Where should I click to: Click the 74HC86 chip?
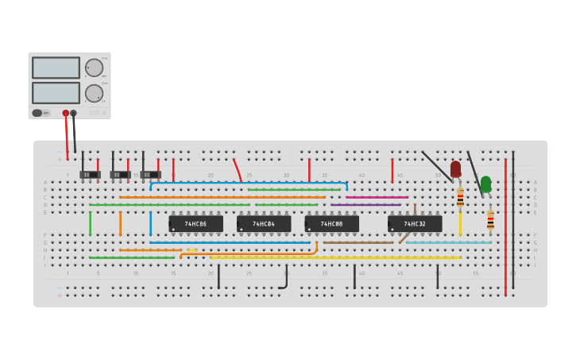[195, 224]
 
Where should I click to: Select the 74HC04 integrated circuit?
[264, 224]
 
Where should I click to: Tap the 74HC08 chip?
[331, 224]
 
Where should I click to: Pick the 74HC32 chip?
[415, 224]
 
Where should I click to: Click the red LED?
[455, 168]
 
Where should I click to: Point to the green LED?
[485, 184]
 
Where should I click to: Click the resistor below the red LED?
[460, 198]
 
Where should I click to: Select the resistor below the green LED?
[490, 219]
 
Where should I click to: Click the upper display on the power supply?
[56, 68]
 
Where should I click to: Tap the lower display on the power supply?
[56, 93]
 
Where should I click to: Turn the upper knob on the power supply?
[94, 68]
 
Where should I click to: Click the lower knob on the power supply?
[94, 93]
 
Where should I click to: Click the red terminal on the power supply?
[66, 113]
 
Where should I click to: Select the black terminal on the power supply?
[74, 113]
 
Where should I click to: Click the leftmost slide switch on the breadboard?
[90, 174]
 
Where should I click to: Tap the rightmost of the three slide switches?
[150, 174]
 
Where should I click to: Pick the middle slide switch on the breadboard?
[120, 174]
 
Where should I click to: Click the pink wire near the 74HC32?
[377, 197]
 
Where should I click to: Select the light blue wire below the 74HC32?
[449, 242]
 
